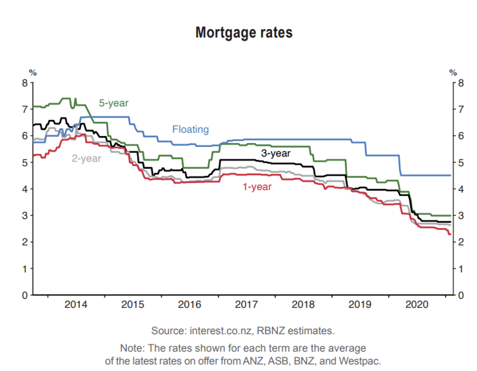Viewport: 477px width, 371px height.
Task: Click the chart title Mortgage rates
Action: tap(244, 33)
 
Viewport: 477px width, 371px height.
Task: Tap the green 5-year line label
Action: tap(114, 103)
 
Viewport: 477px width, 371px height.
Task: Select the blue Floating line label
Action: tap(190, 130)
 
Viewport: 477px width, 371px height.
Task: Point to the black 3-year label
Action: tap(276, 153)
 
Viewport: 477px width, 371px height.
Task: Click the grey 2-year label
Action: tap(86, 158)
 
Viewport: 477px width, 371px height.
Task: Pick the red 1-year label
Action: tap(257, 186)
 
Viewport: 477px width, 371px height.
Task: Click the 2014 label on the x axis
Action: tap(76, 305)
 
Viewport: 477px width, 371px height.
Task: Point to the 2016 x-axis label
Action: tap(189, 305)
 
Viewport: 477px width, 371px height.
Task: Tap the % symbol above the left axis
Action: tap(33, 72)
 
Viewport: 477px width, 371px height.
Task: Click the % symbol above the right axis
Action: tap(453, 72)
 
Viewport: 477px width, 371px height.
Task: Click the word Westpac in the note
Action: tap(365, 360)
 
